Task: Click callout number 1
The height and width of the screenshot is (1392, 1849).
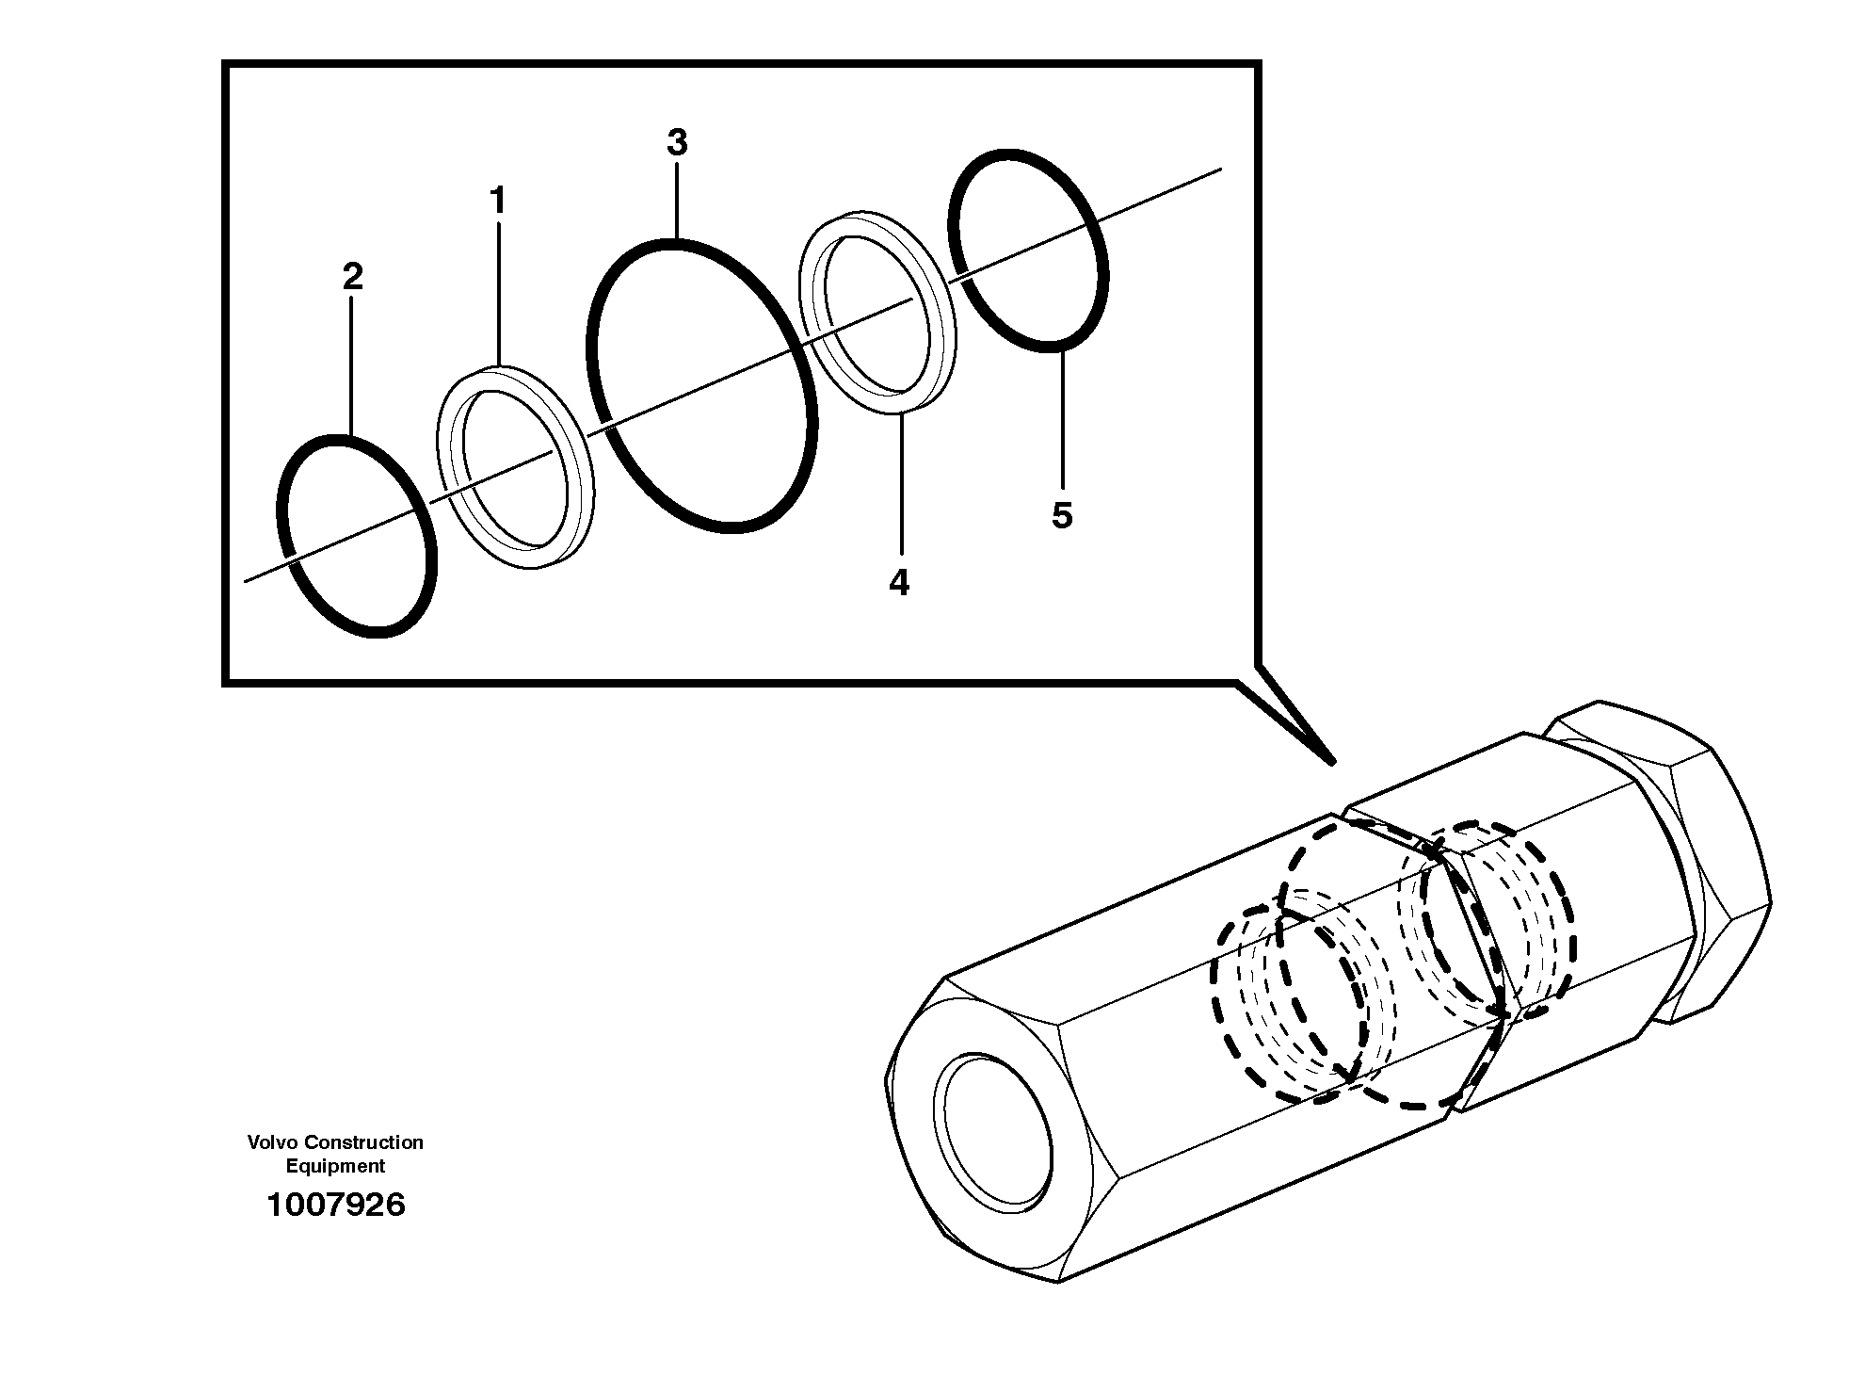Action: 498,201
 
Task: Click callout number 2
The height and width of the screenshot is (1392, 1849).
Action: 352,277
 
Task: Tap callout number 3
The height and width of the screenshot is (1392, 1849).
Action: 677,143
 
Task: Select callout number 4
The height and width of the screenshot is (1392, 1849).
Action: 899,583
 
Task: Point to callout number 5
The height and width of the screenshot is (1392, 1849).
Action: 1062,515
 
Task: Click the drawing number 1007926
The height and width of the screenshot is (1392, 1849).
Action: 336,1205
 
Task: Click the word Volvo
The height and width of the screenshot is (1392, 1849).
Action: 271,1142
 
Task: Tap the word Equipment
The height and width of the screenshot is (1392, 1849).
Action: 336,1166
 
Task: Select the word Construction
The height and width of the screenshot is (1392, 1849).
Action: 363,1142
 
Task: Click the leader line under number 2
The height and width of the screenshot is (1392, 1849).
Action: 351,367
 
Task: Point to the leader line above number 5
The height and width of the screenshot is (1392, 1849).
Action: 1062,419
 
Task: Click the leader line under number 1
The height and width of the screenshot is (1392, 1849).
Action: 498,292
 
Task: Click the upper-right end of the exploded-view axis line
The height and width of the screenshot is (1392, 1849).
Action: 1220,170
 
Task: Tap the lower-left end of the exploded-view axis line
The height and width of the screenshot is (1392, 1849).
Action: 246,580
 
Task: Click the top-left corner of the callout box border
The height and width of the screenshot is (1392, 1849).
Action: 225,65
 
